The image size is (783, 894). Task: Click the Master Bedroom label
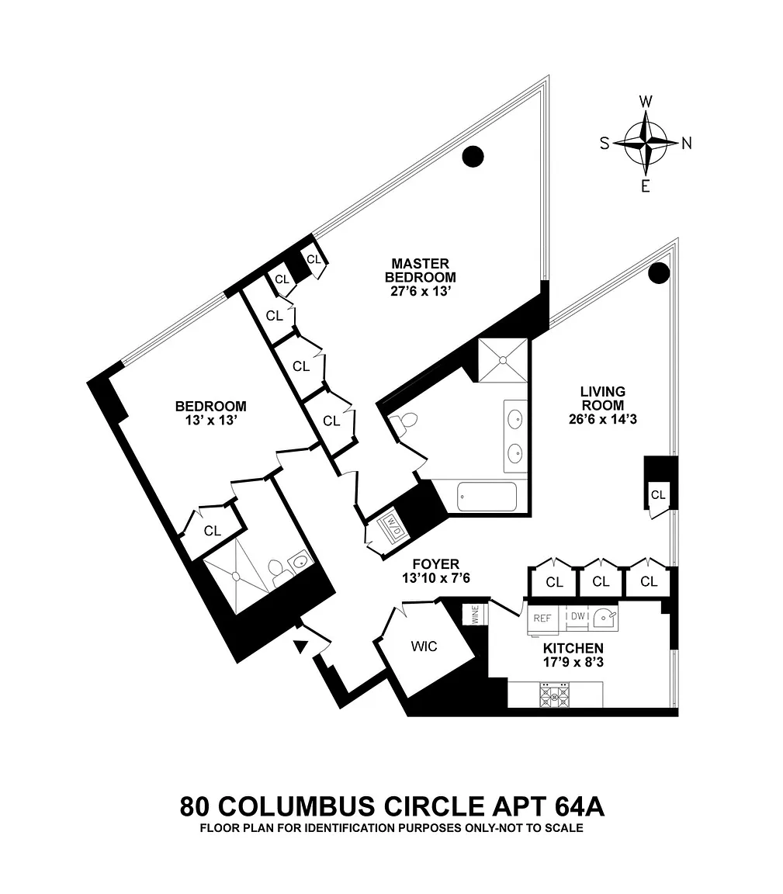[421, 270]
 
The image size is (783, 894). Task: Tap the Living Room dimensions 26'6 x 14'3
[603, 419]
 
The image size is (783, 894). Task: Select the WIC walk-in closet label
[424, 646]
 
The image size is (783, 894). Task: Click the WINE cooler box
[476, 614]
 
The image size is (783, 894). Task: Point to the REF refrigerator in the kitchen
[542, 618]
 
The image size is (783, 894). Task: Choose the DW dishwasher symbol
[577, 616]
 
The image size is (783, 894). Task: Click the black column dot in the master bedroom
[473, 156]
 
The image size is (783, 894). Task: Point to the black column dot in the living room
[660, 273]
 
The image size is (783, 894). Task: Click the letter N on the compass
[687, 144]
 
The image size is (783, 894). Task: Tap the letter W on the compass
[646, 102]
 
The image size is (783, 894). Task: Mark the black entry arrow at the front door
[300, 646]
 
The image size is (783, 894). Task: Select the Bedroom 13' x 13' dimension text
[211, 420]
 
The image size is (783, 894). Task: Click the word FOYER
[436, 564]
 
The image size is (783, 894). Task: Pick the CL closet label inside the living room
[658, 495]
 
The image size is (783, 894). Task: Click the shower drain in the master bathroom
[503, 360]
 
